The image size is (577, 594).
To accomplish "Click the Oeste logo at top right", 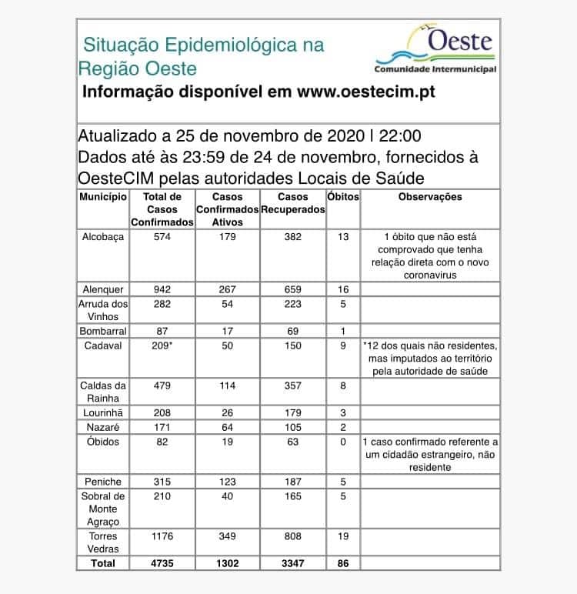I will pos(435,48).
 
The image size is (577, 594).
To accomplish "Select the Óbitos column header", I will pos(343,197).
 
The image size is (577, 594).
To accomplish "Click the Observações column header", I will pos(430,197).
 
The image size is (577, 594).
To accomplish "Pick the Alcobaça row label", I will pos(102,237).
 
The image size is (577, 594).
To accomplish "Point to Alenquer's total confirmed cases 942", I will pos(162,289).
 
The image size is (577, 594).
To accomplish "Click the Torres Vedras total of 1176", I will pos(162,536).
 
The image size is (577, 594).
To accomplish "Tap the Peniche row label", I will pos(102,482).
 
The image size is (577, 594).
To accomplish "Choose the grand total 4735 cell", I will pos(162,563).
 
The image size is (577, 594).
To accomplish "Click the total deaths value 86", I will pos(343,563).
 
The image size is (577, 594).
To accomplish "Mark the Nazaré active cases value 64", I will pos(227,426).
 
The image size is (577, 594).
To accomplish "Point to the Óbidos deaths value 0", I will pos(343,442).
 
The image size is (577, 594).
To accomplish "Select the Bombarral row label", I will pos(102,329).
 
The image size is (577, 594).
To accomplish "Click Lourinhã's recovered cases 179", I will pos(292,412).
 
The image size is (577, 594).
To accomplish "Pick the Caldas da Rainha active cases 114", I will pos(227,385).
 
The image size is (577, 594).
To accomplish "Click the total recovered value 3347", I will pos(292,563).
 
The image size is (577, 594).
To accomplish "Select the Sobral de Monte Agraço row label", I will pos(102,509).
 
